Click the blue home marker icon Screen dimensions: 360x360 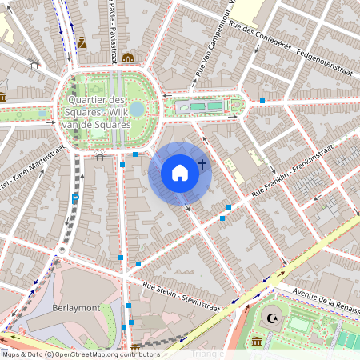click(180, 173)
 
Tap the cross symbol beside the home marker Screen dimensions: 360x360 click(202, 165)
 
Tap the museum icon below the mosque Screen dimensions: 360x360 click(258, 342)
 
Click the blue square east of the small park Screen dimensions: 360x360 click(262, 101)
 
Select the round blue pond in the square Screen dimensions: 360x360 click(137, 108)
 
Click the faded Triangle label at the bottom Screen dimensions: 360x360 click(208, 353)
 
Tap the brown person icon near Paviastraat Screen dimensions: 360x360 click(82, 42)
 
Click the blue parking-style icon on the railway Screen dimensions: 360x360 click(75, 198)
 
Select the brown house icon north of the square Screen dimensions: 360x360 click(127, 58)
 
